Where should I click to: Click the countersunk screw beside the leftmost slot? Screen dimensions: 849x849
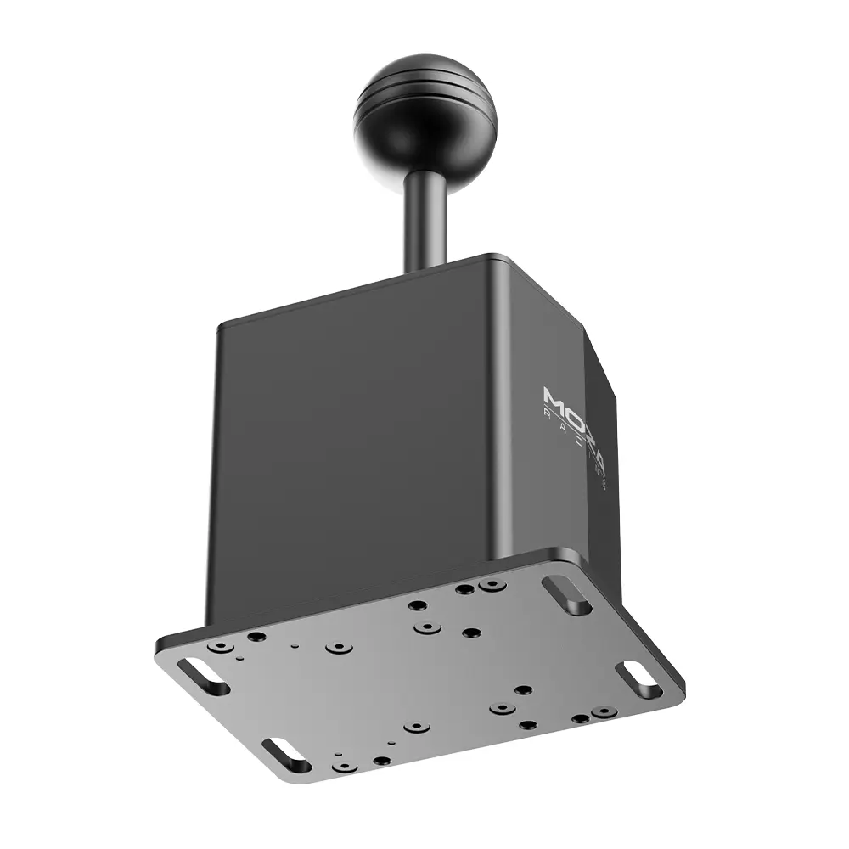pos(221,647)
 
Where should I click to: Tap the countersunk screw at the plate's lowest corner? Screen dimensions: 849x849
pos(342,766)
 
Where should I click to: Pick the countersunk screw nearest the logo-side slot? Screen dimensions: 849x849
pos(491,586)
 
